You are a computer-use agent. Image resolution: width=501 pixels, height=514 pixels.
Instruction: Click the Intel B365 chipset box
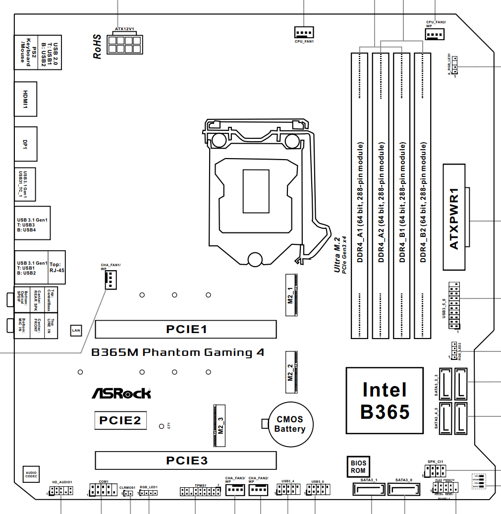385,400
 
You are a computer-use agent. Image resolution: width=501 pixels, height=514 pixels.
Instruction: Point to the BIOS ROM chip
358,466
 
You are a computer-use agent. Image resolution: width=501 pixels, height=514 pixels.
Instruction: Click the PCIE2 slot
120,420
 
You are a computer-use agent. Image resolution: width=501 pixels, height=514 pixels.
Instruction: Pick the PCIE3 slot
186,460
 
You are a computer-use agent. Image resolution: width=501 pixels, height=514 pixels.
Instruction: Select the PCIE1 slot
186,329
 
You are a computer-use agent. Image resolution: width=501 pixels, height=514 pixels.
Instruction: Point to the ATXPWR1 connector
455,218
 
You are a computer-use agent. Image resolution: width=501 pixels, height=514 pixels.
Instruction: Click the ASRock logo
121,394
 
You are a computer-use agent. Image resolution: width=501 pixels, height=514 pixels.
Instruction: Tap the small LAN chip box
76,330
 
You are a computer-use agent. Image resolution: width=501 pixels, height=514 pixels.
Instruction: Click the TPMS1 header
200,492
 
